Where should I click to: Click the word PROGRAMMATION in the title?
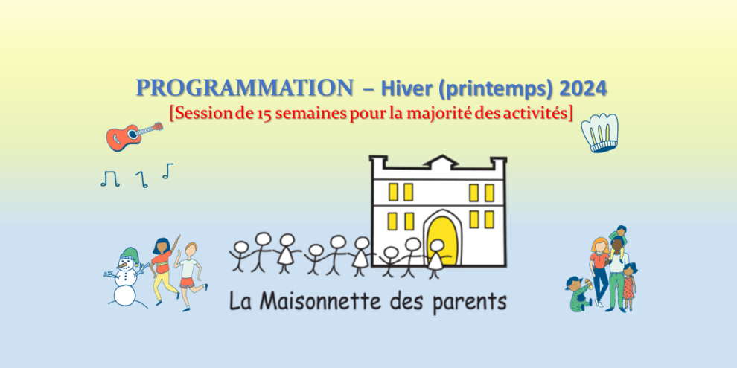[245, 88]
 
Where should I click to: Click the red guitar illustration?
[131, 135]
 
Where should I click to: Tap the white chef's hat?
[604, 134]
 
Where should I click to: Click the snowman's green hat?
[130, 254]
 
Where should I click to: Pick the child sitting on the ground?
[579, 292]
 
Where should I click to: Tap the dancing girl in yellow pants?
[163, 268]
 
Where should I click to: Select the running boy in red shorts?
[190, 271]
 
